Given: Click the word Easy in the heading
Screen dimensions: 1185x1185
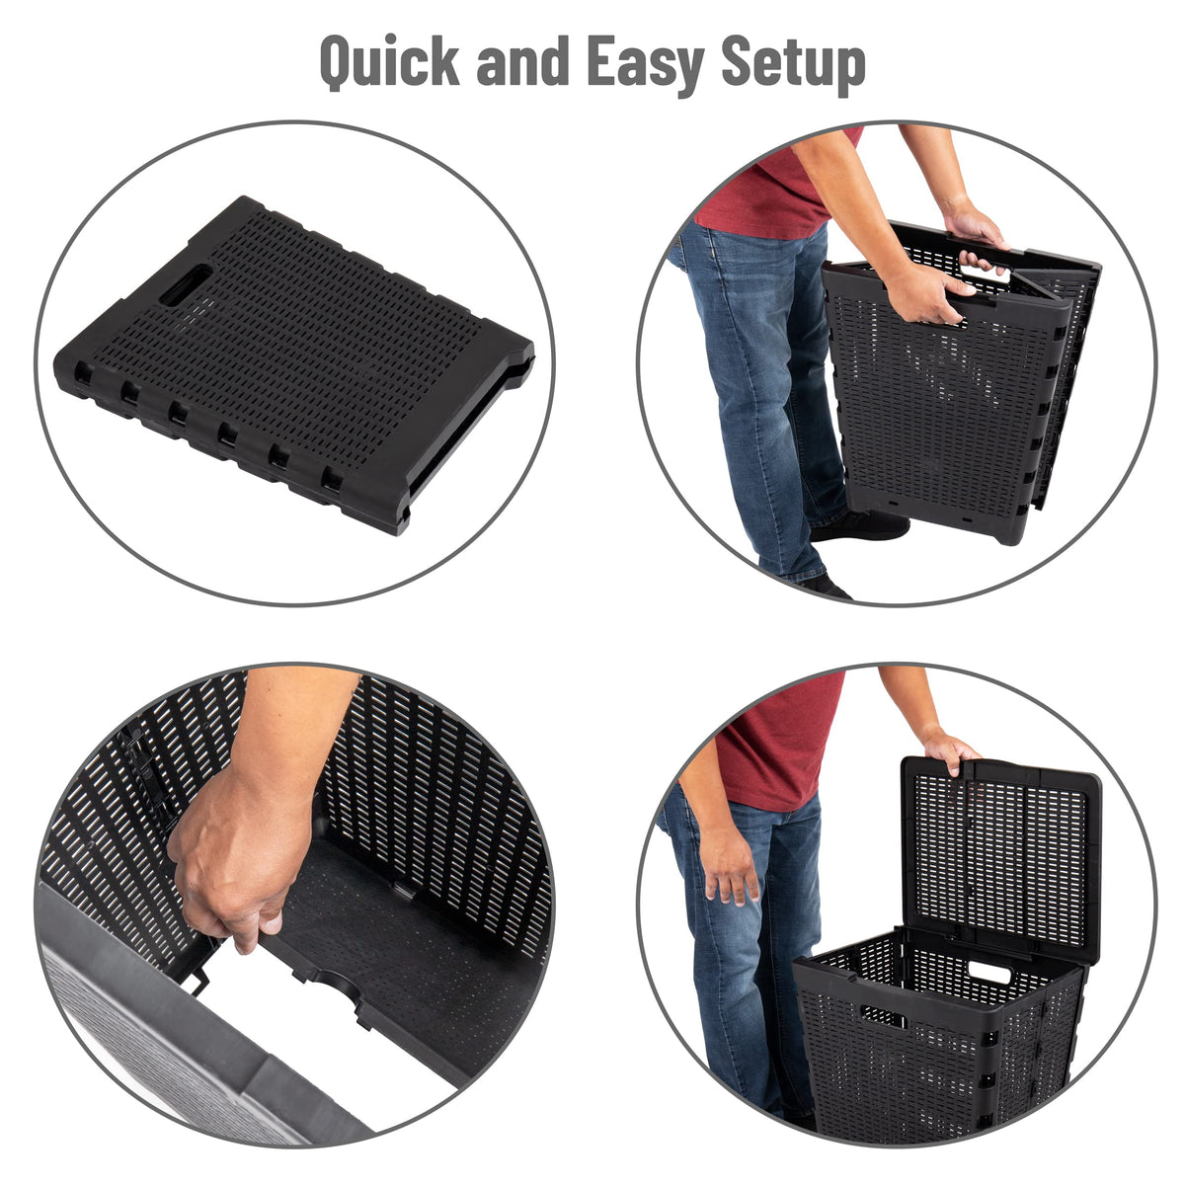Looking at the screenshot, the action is click(646, 66).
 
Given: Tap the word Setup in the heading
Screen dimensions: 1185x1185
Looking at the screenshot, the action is click(793, 66).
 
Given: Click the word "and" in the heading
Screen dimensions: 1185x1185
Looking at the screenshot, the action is click(522, 61).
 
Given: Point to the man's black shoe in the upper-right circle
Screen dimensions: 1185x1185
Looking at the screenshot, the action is click(861, 524).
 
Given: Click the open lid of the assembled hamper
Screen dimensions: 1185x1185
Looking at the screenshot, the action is click(1000, 855).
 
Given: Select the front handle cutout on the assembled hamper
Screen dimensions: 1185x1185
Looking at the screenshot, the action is click(883, 1016).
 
